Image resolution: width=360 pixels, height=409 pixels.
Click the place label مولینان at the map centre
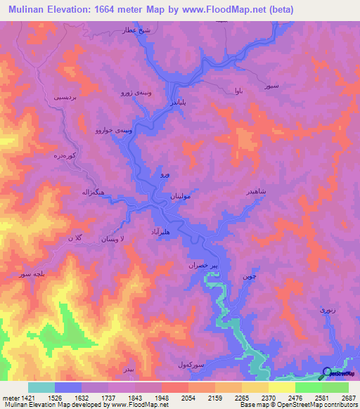(x=181, y=197)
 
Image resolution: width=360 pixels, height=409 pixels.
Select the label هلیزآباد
(x=157, y=231)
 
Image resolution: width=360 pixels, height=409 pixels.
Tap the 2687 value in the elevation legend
(x=349, y=397)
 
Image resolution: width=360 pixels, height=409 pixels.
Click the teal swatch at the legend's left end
(x=41, y=387)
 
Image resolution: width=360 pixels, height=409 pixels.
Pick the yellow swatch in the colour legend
(x=281, y=387)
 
